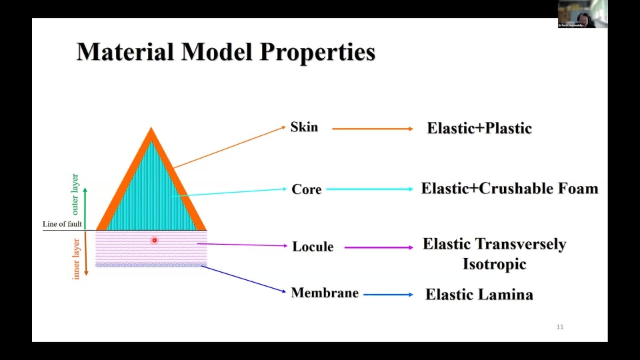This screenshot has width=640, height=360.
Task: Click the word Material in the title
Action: (125, 52)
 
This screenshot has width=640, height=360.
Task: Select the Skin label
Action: (304, 127)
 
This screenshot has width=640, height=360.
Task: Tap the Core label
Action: (307, 189)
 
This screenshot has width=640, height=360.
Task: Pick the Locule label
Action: (313, 247)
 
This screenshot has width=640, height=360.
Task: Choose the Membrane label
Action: (325, 293)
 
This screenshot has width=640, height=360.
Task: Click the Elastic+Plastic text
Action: (479, 129)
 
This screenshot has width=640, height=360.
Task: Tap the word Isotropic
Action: (495, 264)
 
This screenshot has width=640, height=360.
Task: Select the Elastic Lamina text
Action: (479, 294)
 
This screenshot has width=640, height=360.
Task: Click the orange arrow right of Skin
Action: (373, 129)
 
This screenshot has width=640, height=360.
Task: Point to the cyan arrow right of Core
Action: (370, 189)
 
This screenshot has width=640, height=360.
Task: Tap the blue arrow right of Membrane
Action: (388, 294)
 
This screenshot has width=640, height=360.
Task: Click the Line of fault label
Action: (63, 224)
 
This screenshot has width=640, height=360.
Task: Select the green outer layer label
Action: (75, 195)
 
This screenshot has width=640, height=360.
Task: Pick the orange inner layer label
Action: (76, 258)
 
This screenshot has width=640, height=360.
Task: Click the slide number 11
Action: (560, 327)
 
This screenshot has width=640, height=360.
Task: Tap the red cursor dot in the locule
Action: (154, 240)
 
